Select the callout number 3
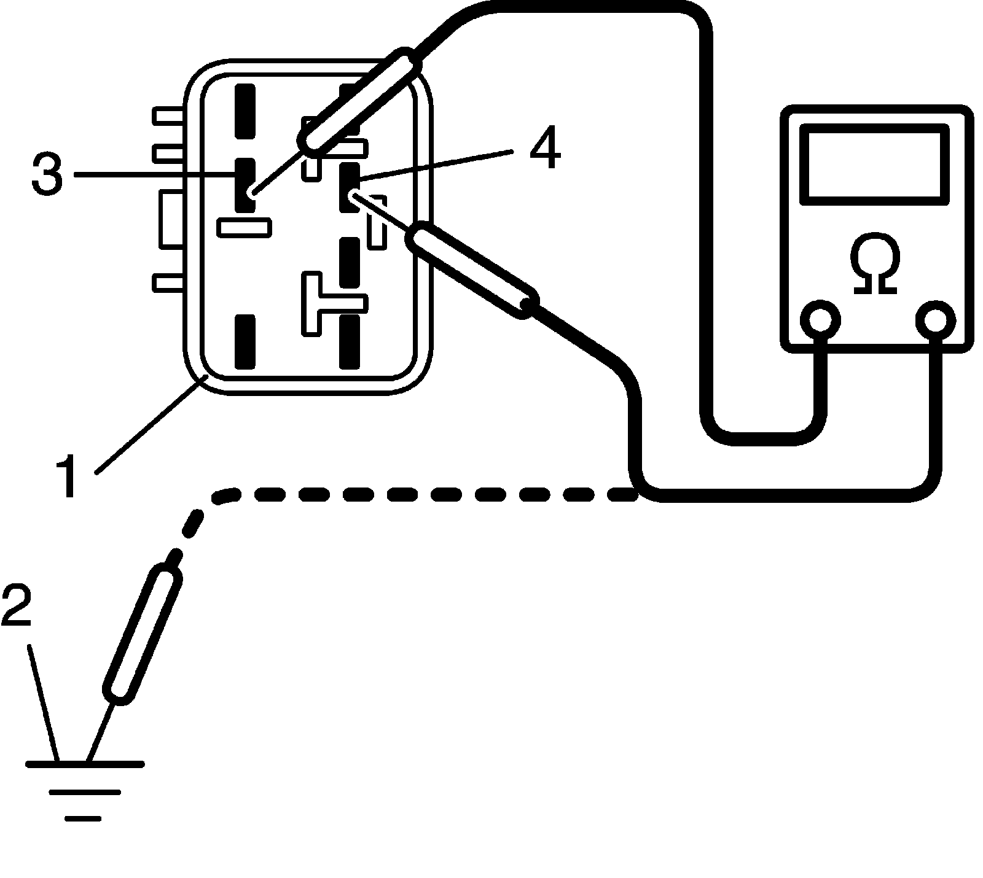[x=47, y=174]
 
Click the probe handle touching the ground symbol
[x=143, y=635]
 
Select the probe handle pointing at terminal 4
[x=473, y=272]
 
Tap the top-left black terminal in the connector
[x=245, y=111]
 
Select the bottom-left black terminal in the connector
[x=245, y=341]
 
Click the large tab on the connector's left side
[x=171, y=219]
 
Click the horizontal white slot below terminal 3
[x=245, y=227]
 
